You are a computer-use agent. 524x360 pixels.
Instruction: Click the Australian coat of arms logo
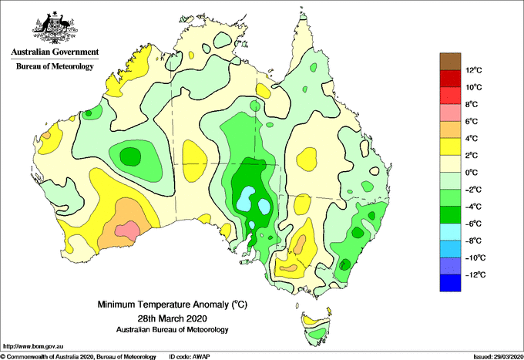[55, 28]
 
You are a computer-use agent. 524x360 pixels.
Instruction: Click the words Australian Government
[55, 52]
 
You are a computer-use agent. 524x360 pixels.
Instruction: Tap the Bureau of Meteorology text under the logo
[55, 66]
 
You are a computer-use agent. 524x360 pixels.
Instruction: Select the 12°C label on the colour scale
[474, 70]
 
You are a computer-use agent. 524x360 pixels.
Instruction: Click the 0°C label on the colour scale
[471, 173]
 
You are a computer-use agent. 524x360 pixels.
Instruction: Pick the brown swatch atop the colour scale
[450, 62]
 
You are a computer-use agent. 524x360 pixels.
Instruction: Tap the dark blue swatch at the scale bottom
[450, 283]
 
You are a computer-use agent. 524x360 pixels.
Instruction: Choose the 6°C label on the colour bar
[471, 121]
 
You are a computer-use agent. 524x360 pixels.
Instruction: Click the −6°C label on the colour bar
[473, 224]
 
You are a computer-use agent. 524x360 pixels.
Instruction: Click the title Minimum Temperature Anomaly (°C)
[173, 304]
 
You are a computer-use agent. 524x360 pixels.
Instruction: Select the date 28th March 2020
[173, 318]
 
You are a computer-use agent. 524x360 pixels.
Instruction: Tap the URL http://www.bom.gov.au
[32, 346]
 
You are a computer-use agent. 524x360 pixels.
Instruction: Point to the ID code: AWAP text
[190, 357]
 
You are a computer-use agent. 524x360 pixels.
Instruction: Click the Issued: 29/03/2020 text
[498, 357]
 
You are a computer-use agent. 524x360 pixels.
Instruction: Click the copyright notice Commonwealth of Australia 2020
[78, 357]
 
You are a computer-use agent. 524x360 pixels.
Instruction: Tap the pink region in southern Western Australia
[127, 230]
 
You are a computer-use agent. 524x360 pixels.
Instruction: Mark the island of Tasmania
[316, 327]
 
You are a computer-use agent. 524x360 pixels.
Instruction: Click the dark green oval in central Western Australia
[130, 156]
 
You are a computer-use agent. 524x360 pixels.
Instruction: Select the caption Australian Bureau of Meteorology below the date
[173, 330]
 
